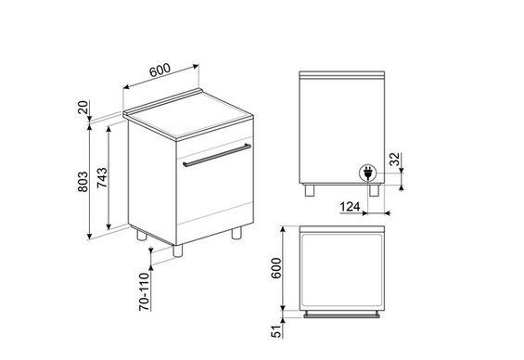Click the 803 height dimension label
83,182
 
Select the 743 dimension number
102,177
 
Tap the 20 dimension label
83,108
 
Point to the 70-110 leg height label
145,292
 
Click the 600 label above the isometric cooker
160,70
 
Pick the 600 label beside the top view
276,268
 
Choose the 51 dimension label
276,331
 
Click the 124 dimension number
350,207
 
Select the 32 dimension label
395,159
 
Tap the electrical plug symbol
367,174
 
